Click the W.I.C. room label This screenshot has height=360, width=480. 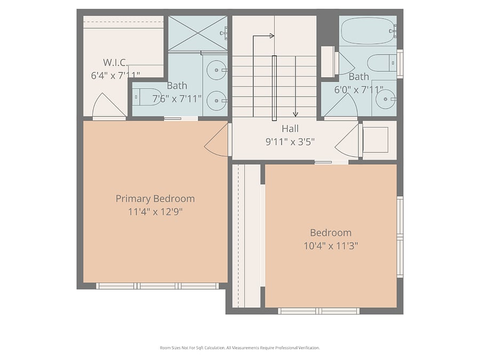(x=115, y=62)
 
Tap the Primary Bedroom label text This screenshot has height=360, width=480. (x=155, y=199)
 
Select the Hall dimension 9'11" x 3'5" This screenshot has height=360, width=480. (x=290, y=142)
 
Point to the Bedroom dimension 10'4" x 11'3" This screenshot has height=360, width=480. (x=331, y=246)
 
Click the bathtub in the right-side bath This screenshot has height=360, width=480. (x=368, y=30)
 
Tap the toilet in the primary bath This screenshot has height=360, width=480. (x=147, y=97)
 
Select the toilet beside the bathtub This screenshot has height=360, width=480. (x=382, y=63)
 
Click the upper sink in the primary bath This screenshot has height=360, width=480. (x=217, y=70)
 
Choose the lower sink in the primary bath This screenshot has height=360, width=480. (x=217, y=101)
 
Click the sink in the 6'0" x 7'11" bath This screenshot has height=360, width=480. (x=386, y=99)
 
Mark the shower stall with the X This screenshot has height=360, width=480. (x=198, y=33)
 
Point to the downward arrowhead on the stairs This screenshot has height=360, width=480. (x=295, y=115)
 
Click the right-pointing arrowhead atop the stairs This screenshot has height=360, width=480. (x=272, y=36)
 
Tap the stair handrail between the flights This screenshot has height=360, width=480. (x=274, y=88)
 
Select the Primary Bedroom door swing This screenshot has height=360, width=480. (x=217, y=140)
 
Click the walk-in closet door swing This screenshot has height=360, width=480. (x=109, y=105)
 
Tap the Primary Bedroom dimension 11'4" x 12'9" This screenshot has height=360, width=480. (x=155, y=212)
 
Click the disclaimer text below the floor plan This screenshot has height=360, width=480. (x=240, y=348)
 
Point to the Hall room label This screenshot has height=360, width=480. (x=290, y=129)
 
